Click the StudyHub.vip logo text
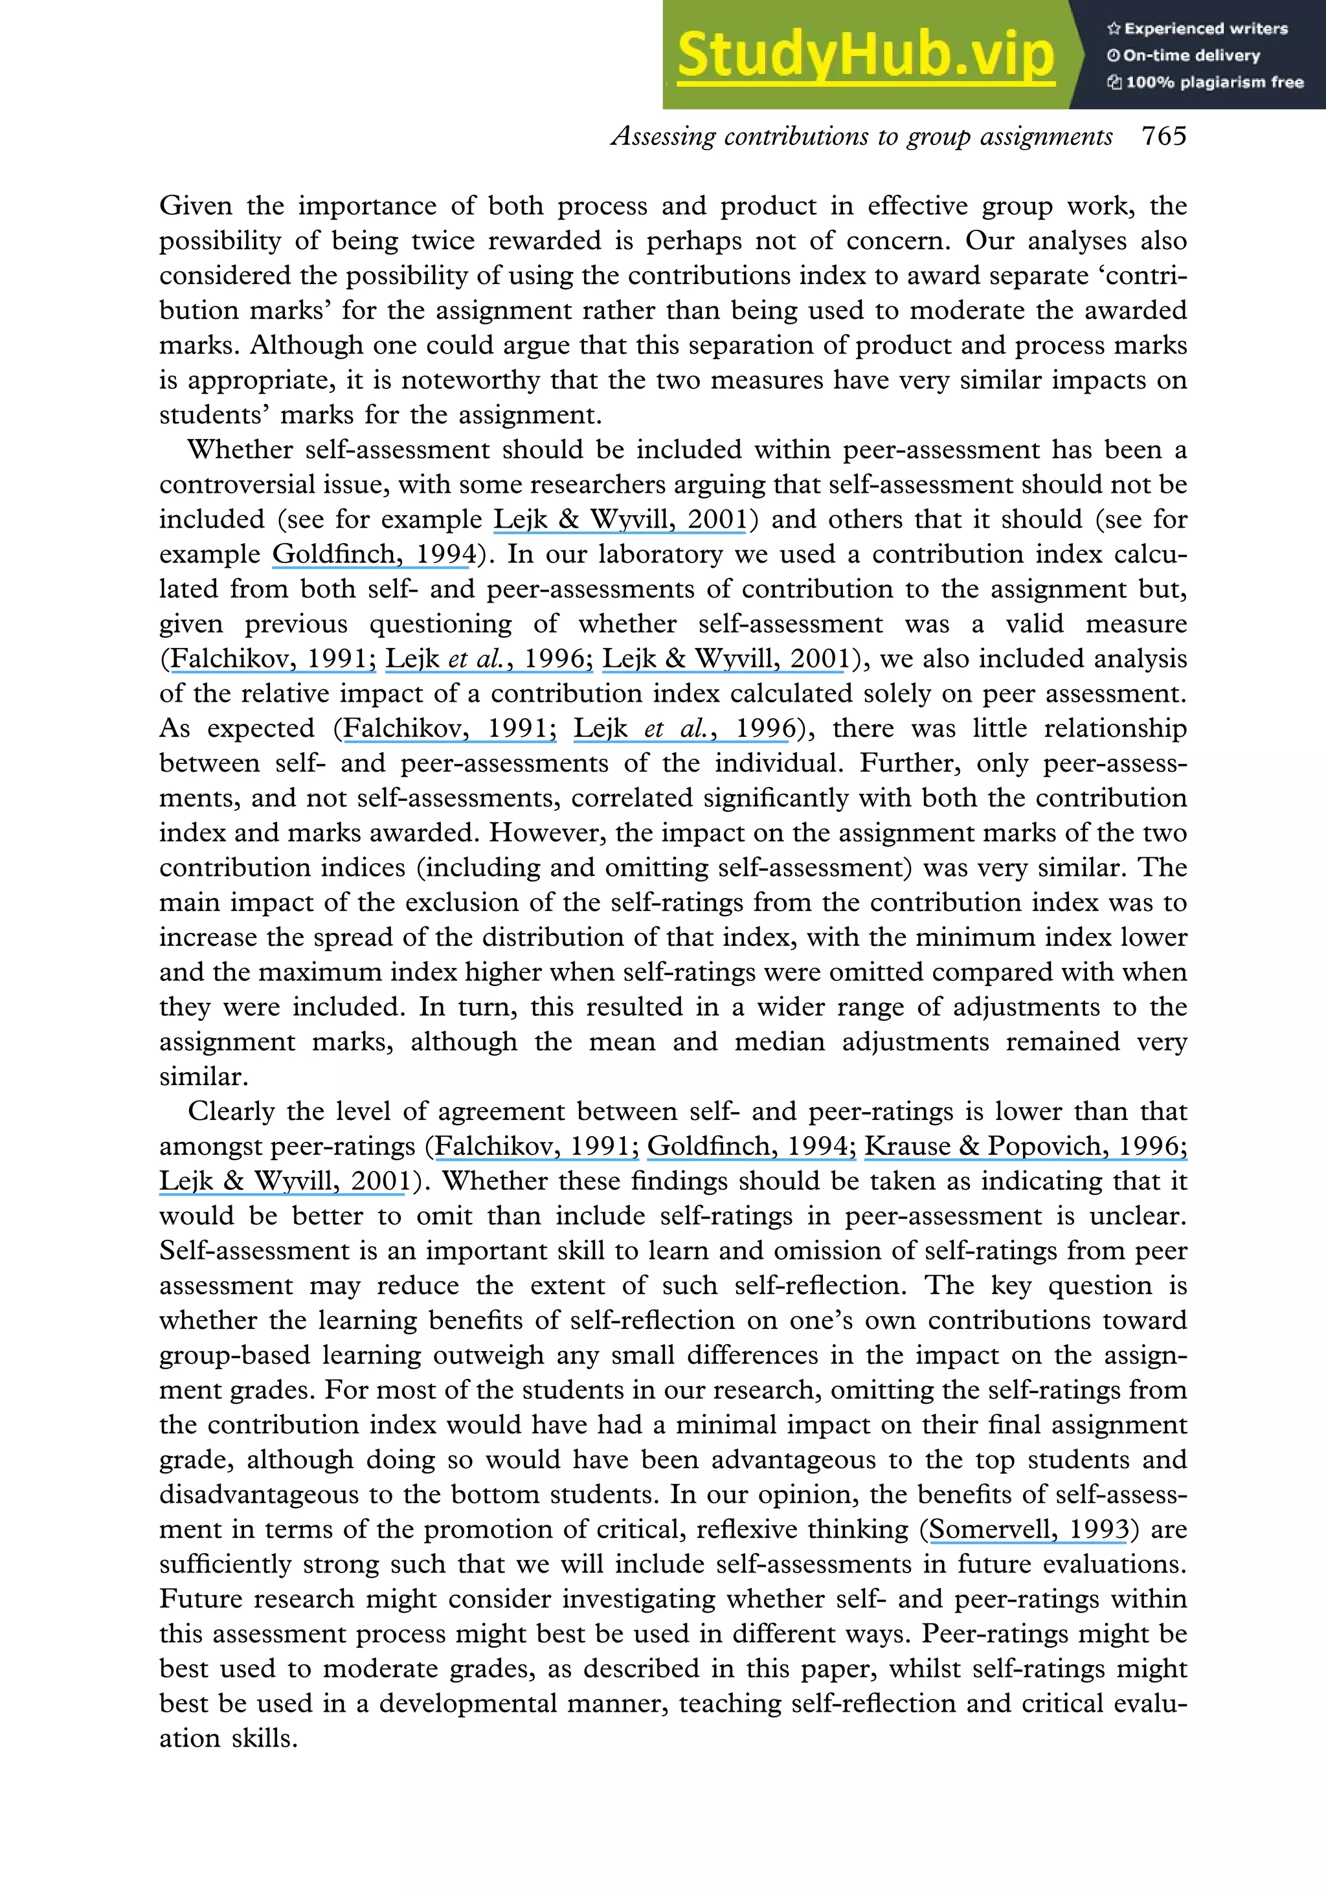[x=865, y=54]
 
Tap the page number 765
[x=1163, y=136]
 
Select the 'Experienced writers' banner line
[x=1198, y=29]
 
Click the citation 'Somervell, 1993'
[x=1029, y=1529]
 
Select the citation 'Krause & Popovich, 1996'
[x=1026, y=1146]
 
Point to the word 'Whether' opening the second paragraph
[x=240, y=450]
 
